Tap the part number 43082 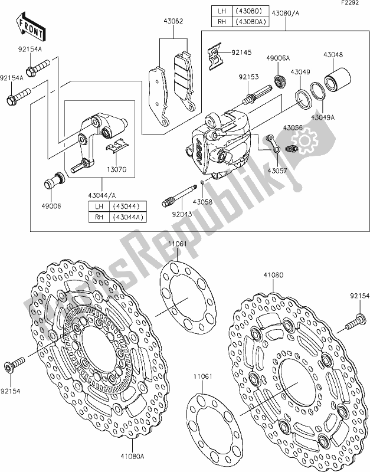pyautogui.click(x=173, y=21)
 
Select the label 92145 pyautogui.click(x=241, y=53)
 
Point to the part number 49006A pyautogui.click(x=277, y=58)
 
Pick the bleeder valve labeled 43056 pyautogui.click(x=291, y=148)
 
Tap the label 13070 pyautogui.click(x=116, y=170)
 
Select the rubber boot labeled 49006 pyautogui.click(x=54, y=181)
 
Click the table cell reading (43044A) pyautogui.click(x=128, y=217)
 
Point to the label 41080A pyautogui.click(x=132, y=456)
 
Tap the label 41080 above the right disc pyautogui.click(x=273, y=275)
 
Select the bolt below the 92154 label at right pyautogui.click(x=356, y=322)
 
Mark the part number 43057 pyautogui.click(x=277, y=171)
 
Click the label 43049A pyautogui.click(x=323, y=117)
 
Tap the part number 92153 pyautogui.click(x=248, y=77)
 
